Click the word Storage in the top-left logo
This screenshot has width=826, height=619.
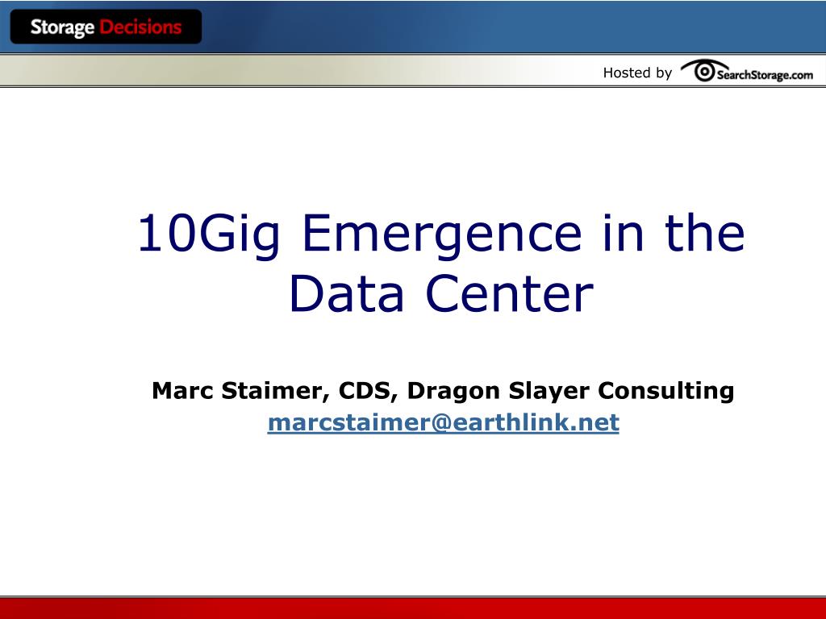tap(62, 27)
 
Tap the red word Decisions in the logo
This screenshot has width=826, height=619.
tap(140, 27)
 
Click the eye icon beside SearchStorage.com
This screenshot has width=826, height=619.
tap(703, 70)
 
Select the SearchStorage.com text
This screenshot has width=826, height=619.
tap(765, 75)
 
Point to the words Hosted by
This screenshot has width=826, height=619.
tap(637, 73)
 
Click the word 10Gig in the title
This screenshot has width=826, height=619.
tap(208, 233)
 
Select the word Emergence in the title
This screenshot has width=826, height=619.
tap(441, 233)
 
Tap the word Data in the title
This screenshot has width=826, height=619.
tap(346, 293)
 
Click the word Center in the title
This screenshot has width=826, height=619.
tap(510, 293)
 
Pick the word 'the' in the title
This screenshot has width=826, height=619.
tap(705, 232)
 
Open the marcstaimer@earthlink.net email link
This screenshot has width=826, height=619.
tap(443, 422)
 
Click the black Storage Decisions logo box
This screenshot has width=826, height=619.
tap(106, 27)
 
